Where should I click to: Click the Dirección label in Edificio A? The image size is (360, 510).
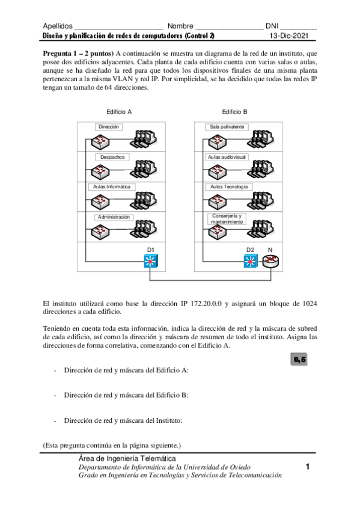110,127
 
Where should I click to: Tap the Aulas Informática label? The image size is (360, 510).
112,187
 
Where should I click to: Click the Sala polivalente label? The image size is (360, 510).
227,127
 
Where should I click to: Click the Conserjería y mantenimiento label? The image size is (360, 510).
227,219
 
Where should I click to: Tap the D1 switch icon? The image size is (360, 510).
151,261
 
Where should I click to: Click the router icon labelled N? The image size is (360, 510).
270,261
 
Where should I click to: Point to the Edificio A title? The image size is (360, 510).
119,112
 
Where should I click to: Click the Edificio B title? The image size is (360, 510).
234,112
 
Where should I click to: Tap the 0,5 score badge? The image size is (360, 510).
299,360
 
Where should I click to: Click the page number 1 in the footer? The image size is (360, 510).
307,467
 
